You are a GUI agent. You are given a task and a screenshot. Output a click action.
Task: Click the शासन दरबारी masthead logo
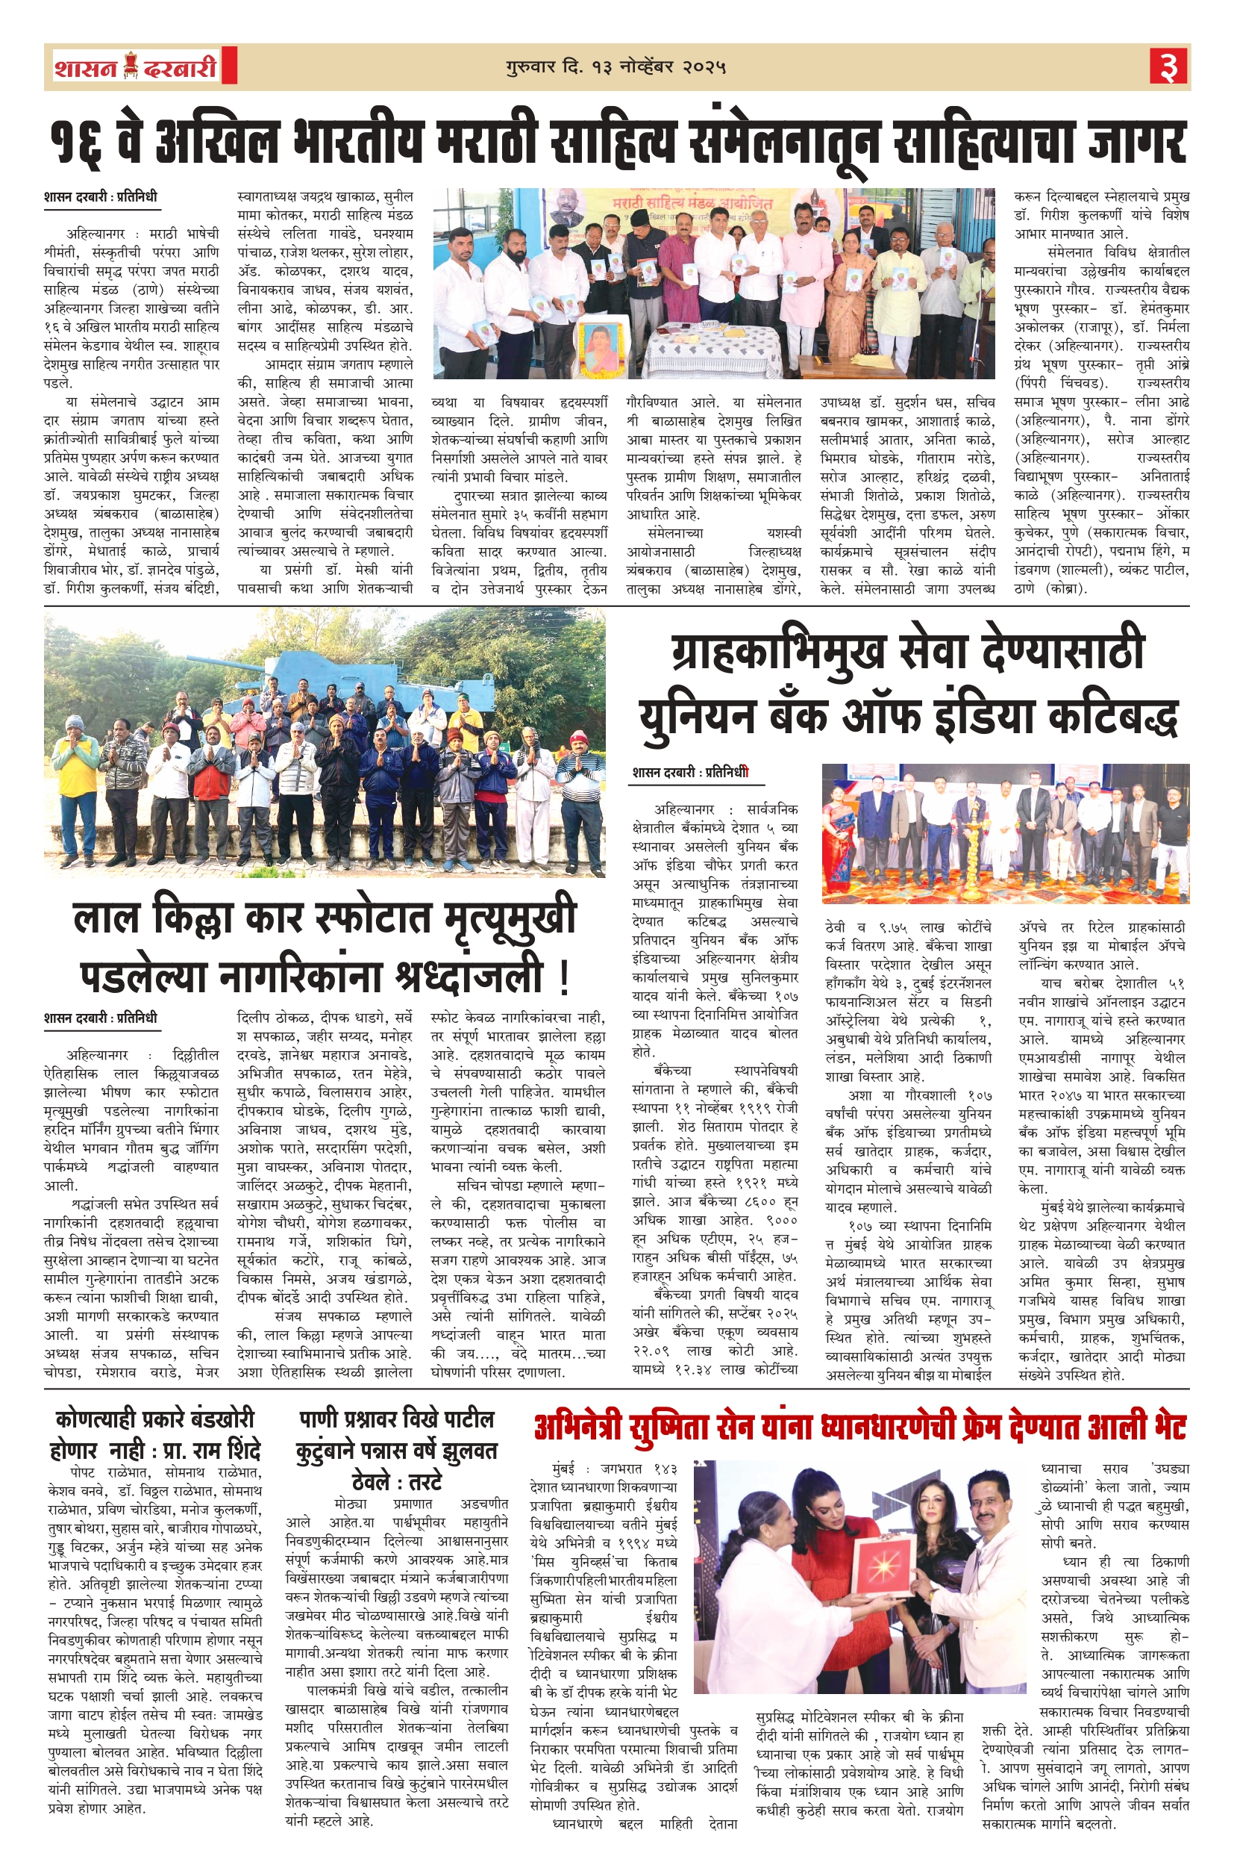click(x=135, y=68)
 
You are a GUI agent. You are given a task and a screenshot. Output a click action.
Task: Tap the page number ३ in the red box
click(x=1168, y=68)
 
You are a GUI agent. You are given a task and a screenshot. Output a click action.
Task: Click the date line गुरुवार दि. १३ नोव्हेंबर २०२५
click(x=616, y=68)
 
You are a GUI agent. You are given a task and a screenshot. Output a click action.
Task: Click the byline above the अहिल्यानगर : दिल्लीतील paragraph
click(x=101, y=1018)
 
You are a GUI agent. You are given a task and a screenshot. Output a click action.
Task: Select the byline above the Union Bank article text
click(x=690, y=773)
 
